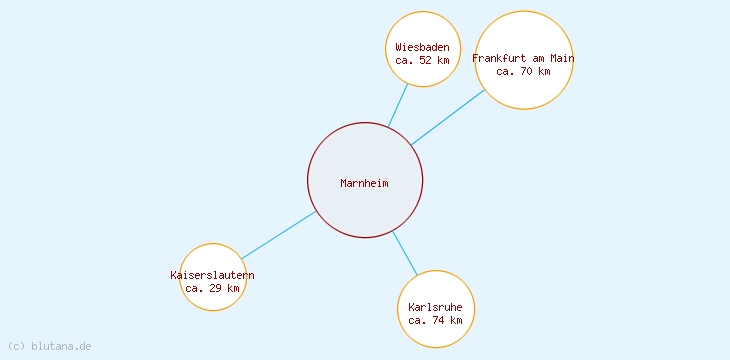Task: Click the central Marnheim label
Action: coord(364,183)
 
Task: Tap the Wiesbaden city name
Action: coord(422,47)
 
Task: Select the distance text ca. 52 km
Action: coord(422,60)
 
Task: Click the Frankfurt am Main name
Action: coord(523,58)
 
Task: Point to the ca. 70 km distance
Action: coord(523,71)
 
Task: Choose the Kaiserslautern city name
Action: coord(212,275)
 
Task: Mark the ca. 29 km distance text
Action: coord(212,288)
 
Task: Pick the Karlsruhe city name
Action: coord(436,307)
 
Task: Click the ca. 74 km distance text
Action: coord(436,320)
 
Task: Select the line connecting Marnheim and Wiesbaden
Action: coord(398,105)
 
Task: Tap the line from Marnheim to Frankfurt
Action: coord(448,117)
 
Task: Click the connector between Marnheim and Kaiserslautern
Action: coord(279,235)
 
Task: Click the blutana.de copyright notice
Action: coord(49,346)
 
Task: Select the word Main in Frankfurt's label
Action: coord(561,58)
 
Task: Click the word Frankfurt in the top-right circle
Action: coord(498,58)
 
